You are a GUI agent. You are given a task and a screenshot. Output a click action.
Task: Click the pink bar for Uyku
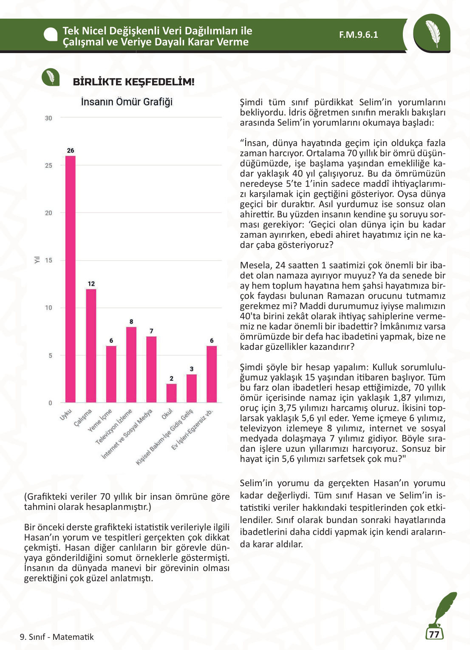[71, 279]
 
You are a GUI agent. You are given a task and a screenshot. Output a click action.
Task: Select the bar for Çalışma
[91, 346]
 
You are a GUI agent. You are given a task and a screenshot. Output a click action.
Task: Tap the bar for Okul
[171, 393]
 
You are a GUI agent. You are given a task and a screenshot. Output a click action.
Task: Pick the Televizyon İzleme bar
[131, 365]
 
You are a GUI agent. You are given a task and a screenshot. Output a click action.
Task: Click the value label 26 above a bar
[71, 151]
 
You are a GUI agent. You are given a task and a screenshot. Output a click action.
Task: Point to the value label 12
[91, 284]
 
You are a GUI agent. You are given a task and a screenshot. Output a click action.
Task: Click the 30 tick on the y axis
[49, 118]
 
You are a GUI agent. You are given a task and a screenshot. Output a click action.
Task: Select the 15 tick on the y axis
[49, 260]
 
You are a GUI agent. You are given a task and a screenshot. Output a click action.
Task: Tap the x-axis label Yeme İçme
[100, 420]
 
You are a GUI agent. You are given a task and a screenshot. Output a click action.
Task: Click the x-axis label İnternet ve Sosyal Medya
[127, 433]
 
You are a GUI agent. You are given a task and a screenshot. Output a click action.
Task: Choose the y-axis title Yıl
[37, 259]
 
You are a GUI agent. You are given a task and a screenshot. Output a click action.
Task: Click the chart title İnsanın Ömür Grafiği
[127, 102]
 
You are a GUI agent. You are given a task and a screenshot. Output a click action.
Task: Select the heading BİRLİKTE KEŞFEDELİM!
[133, 82]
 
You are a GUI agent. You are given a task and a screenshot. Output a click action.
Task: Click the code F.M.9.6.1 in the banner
[358, 35]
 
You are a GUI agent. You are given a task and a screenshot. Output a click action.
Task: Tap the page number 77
[434, 634]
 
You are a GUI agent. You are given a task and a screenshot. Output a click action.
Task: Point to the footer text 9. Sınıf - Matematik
[57, 637]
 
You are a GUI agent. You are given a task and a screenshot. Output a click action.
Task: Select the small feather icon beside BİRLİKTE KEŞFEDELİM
[51, 77]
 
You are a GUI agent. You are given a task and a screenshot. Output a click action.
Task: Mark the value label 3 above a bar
[192, 369]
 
